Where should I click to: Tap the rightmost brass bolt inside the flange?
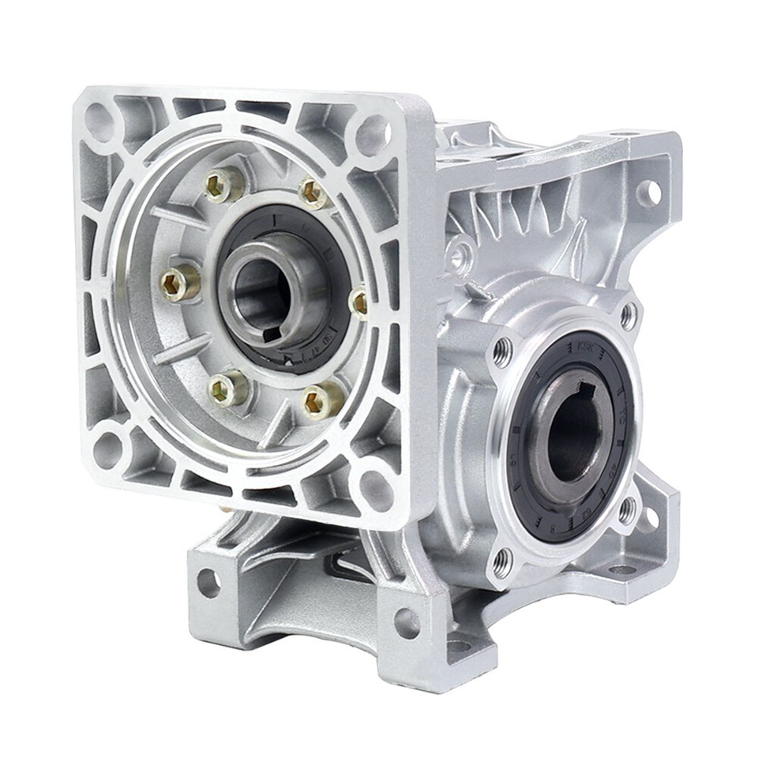click(360, 301)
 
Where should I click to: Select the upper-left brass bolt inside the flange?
click(224, 186)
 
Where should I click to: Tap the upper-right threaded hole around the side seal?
click(629, 316)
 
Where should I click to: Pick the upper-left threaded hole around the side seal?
click(502, 352)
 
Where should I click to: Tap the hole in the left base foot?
click(208, 583)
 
